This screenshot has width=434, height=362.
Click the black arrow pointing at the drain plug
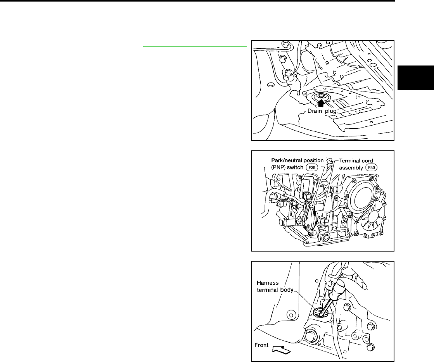(x=321, y=103)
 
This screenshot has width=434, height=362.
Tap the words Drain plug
(x=322, y=111)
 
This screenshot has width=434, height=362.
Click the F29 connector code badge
(x=312, y=167)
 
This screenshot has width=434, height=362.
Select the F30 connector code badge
(x=372, y=167)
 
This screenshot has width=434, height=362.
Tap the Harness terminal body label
(x=275, y=286)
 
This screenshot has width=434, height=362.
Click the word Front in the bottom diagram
(x=261, y=345)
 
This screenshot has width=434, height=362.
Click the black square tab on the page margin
(x=416, y=78)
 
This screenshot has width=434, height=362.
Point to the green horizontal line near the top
(x=195, y=47)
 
